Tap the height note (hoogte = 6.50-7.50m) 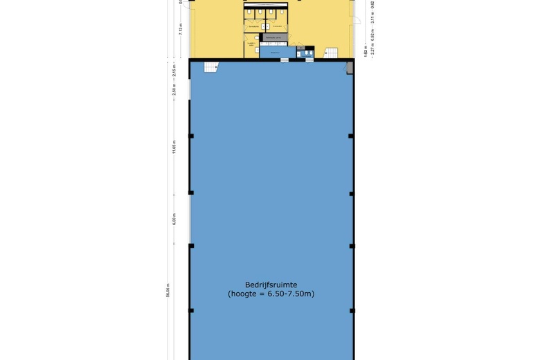click(271, 294)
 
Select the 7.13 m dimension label click(180, 29)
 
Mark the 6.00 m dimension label click(174, 218)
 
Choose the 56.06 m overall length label click(168, 290)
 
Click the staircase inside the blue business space click(210, 66)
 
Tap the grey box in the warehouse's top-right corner click(349, 67)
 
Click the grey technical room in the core click(273, 38)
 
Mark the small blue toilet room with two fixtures click(305, 52)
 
